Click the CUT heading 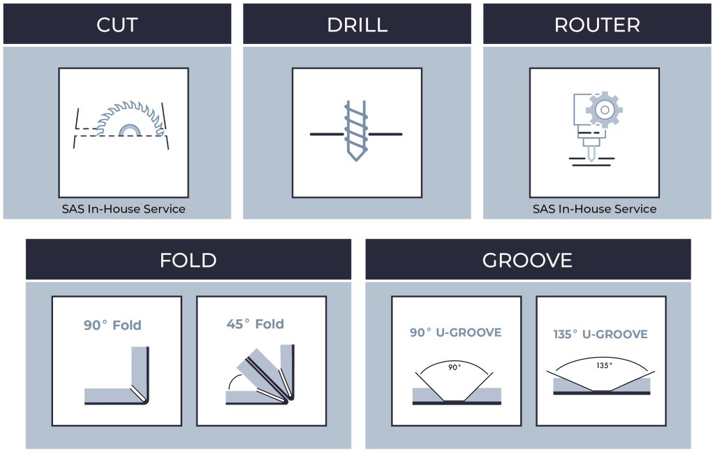[117, 25]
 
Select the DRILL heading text [357, 25]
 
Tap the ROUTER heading [597, 25]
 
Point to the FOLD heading [188, 261]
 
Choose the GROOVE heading [527, 261]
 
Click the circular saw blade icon [130, 119]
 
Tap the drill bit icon [356, 131]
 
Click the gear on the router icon [605, 110]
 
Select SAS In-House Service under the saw [124, 209]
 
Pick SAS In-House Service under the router [595, 209]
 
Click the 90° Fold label [112, 326]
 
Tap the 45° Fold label [256, 324]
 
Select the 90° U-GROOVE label [455, 333]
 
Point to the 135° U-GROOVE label [600, 335]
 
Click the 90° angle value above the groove [455, 367]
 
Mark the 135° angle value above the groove [604, 365]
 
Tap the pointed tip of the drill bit [356, 161]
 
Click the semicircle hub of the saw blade [130, 130]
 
